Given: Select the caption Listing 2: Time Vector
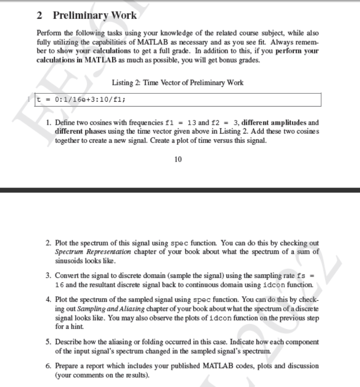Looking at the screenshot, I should tap(177, 82).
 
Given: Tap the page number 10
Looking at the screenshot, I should tap(178, 159).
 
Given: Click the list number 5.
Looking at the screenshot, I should tap(47, 342).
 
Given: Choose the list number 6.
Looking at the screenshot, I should tap(47, 366).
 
